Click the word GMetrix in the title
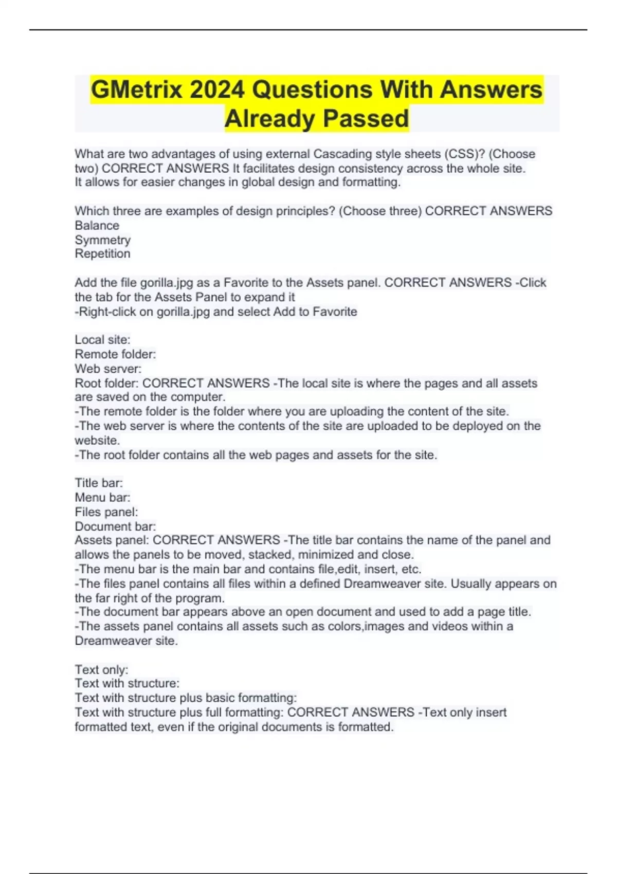[x=136, y=90]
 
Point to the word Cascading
[x=342, y=154]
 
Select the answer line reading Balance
[x=97, y=225]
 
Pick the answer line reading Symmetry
[x=102, y=240]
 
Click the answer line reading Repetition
[x=102, y=253]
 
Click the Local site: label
[x=102, y=340]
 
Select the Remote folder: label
[x=115, y=354]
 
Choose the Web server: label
[x=108, y=369]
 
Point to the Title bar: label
[x=99, y=483]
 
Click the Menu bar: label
[x=102, y=497]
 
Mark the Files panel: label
[x=106, y=512]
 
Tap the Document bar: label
[x=115, y=526]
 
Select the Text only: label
[x=101, y=669]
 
